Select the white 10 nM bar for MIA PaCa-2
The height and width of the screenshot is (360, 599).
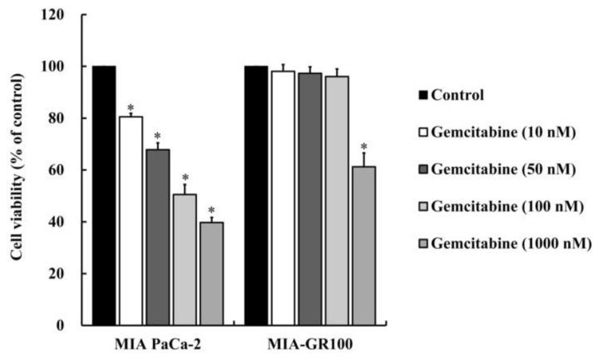131,220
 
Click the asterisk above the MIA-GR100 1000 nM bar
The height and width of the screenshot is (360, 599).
364,147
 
